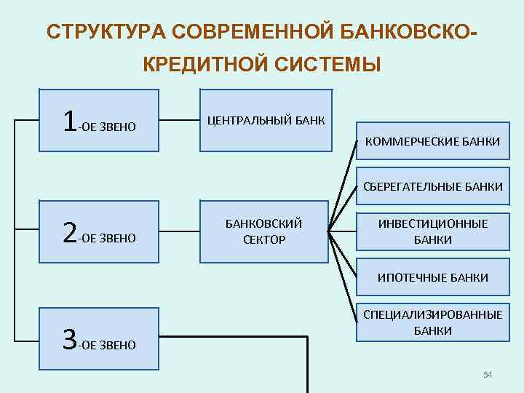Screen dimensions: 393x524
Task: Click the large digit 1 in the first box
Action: (69, 120)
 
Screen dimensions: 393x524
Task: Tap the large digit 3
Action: (69, 339)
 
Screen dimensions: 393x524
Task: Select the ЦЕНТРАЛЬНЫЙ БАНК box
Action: (266, 120)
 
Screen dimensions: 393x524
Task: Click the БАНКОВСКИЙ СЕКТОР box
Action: (266, 231)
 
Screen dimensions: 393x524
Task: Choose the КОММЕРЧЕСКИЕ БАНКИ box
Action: (432, 142)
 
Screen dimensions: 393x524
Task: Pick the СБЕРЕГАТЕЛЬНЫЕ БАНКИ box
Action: (432, 187)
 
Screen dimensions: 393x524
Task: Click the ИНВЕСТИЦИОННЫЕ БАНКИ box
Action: (432, 231)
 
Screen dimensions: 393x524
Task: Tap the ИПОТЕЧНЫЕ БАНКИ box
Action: (432, 277)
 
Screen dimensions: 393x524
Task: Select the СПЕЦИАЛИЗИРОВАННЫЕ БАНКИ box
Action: (432, 322)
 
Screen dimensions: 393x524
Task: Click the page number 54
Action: (488, 375)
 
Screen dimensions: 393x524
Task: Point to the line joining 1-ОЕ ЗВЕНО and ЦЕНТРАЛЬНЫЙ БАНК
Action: (179, 120)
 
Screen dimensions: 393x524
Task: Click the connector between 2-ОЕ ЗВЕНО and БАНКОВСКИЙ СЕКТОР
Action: (179, 232)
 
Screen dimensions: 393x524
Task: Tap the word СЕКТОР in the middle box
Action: (264, 239)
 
